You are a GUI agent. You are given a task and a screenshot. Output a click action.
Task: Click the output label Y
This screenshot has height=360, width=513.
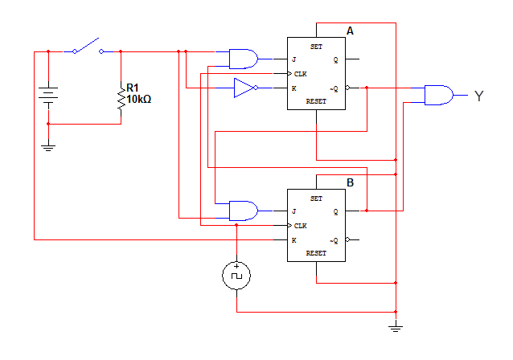click(x=479, y=96)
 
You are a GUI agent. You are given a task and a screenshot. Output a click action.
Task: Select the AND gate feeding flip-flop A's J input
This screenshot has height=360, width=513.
click(x=243, y=59)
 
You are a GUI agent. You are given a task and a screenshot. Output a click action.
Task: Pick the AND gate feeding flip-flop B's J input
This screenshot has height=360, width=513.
click(x=243, y=211)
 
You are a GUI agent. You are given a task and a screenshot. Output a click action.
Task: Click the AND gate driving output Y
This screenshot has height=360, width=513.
click(x=437, y=96)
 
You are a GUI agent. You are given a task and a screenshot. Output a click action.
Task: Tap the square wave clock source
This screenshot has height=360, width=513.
click(x=236, y=276)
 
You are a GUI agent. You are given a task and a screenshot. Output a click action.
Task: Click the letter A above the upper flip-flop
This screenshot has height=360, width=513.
click(x=350, y=31)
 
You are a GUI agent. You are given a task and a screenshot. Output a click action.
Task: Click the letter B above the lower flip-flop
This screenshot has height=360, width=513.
click(x=350, y=182)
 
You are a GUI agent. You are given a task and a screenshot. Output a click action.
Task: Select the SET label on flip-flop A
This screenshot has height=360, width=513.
click(x=316, y=47)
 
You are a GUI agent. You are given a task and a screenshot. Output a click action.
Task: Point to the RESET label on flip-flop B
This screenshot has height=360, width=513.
click(x=316, y=253)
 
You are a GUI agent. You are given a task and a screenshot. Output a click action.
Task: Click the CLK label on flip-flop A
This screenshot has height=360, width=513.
click(x=300, y=73)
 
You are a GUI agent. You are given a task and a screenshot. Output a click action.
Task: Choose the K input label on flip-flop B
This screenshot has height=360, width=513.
click(x=293, y=239)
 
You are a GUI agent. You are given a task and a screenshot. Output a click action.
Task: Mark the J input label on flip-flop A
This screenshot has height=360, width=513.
click(x=293, y=59)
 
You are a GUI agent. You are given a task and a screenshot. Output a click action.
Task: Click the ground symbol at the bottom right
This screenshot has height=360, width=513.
click(x=396, y=326)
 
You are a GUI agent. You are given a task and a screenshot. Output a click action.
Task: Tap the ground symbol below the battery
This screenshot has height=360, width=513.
click(x=48, y=146)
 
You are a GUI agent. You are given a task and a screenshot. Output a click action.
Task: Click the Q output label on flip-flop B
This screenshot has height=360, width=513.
click(x=336, y=212)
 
